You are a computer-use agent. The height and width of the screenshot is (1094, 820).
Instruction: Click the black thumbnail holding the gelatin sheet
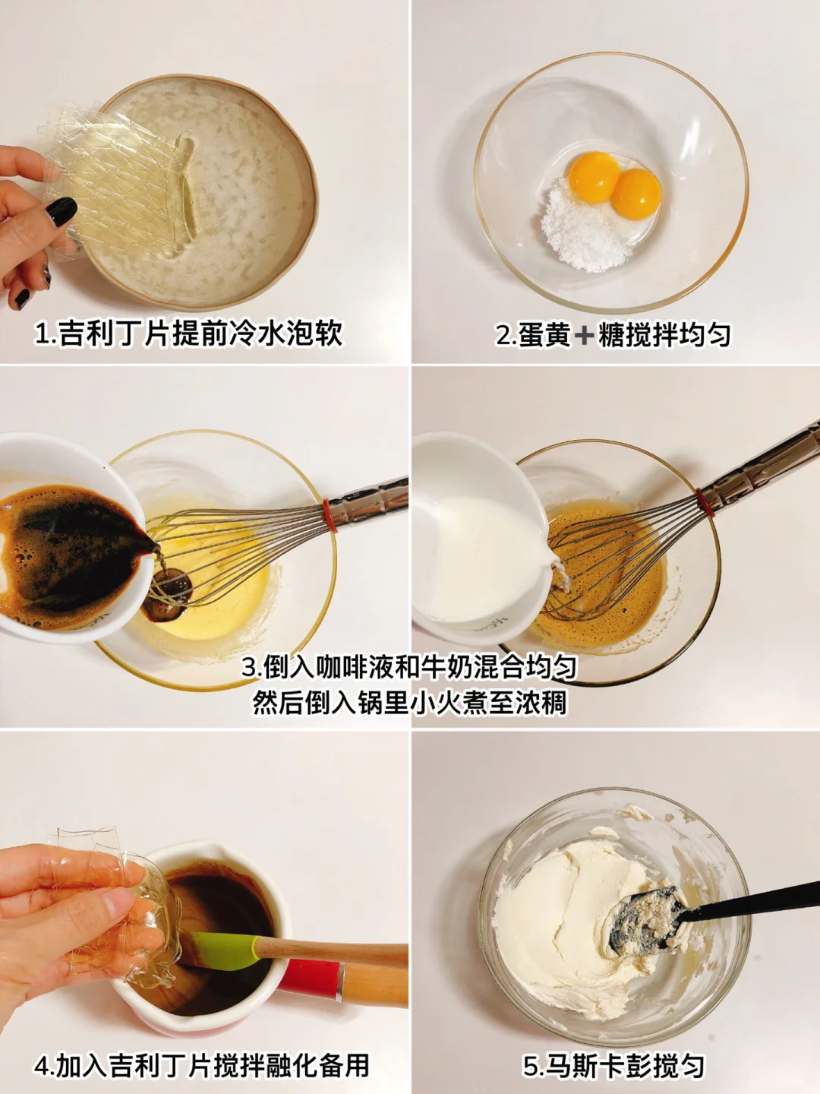[61, 211]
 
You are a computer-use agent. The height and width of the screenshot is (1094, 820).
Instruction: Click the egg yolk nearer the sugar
[594, 177]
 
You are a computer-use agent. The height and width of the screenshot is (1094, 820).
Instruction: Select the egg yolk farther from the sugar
[635, 194]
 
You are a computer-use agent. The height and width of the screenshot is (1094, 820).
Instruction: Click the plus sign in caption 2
[584, 336]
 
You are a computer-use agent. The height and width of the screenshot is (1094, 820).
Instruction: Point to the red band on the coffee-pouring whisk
[330, 516]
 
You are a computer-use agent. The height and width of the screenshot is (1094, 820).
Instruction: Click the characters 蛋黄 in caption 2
[544, 336]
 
